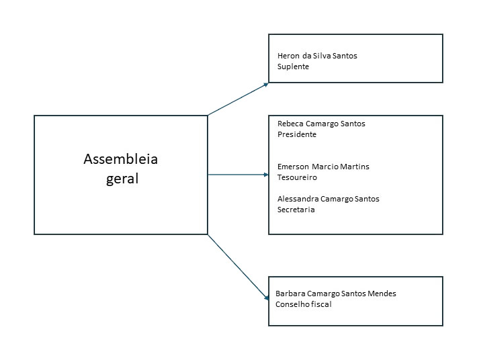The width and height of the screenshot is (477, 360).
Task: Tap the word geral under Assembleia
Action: point(122,179)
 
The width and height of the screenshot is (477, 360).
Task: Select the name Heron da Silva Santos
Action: point(317,56)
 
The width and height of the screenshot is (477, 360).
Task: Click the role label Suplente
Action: point(293,66)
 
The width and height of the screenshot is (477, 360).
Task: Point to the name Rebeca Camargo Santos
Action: point(321,124)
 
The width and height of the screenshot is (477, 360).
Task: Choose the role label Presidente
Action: point(296,134)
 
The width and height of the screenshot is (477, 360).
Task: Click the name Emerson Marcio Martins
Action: point(323,167)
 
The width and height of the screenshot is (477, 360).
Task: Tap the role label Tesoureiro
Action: point(297,177)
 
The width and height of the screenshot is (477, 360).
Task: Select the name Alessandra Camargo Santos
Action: point(329,199)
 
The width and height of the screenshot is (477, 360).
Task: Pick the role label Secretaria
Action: point(296,210)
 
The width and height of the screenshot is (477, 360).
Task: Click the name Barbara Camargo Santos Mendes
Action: point(341,294)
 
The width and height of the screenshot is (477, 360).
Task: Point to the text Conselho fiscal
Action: point(303,304)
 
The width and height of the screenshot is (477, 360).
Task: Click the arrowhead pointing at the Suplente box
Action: point(265,84)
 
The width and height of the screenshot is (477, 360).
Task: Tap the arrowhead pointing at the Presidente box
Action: point(265,175)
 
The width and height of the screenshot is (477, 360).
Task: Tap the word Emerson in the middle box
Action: point(293,167)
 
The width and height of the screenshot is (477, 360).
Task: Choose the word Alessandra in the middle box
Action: point(298,199)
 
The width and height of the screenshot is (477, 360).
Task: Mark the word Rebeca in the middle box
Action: point(290,124)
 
